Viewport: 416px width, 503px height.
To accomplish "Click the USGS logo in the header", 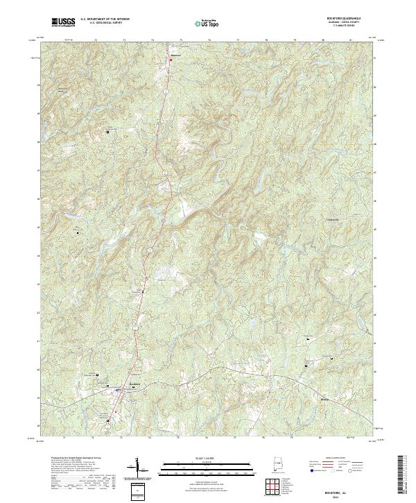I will (x=63, y=22).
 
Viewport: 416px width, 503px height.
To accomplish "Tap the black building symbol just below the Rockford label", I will (x=115, y=391).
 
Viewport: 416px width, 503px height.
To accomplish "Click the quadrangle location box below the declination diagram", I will (x=138, y=491).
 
